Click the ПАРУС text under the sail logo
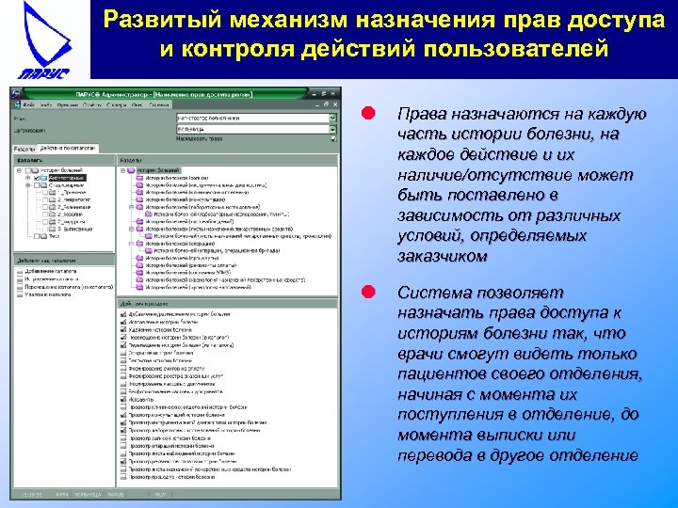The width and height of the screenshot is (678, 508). coord(42,74)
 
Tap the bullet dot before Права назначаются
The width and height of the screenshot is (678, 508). coord(370,114)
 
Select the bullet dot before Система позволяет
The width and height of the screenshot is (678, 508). coord(370,293)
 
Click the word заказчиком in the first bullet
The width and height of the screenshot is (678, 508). coord(443,256)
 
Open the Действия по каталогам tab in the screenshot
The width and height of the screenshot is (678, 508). coord(69,149)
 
